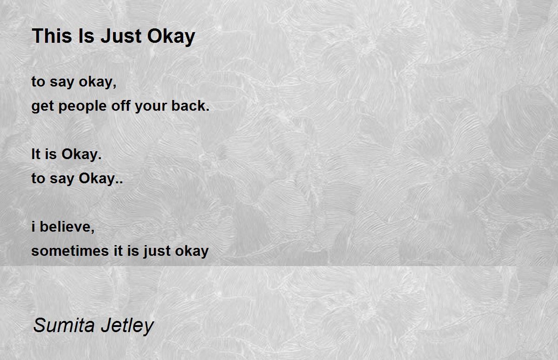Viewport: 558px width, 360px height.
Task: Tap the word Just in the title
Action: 121,36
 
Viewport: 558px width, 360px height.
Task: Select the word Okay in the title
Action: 171,37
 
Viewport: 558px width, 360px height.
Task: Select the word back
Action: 191,105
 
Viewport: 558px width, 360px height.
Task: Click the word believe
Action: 67,227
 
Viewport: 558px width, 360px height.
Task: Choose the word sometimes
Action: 70,251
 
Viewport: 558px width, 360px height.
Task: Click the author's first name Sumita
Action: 64,325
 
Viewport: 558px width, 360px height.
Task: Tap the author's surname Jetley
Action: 127,326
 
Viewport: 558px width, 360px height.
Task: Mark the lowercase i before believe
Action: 33,227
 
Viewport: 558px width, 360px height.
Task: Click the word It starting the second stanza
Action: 36,153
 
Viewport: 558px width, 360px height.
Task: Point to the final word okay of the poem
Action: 192,251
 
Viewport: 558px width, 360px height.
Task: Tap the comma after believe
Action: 93,232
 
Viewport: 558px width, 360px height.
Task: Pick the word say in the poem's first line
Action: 62,83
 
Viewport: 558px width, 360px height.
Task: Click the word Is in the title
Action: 86,36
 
